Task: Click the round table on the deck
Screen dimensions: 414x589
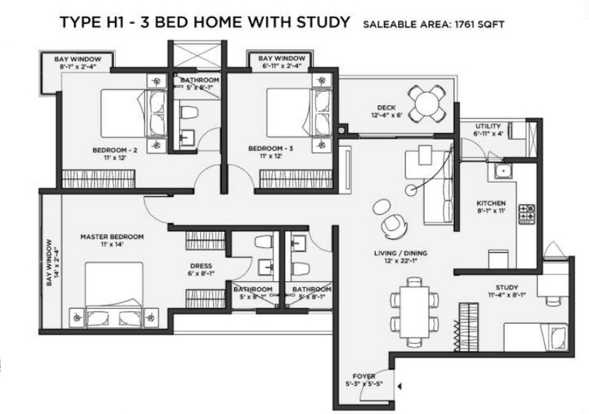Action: click(x=426, y=100)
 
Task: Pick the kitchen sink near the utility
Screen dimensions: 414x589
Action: click(x=504, y=171)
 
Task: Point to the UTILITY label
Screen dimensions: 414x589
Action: click(x=489, y=126)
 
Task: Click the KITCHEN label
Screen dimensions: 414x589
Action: click(x=490, y=204)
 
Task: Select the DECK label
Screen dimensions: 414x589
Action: click(x=386, y=107)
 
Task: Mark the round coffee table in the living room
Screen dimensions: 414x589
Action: click(x=382, y=206)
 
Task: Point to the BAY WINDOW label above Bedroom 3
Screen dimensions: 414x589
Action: click(x=281, y=59)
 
